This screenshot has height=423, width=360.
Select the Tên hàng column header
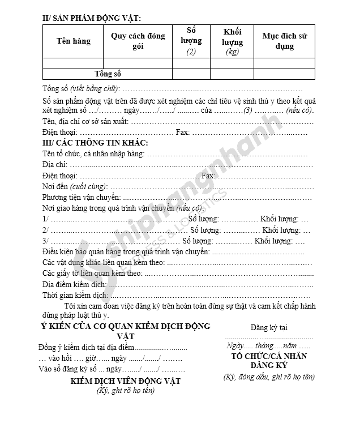coord(73,41)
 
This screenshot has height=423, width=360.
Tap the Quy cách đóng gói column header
coord(138,41)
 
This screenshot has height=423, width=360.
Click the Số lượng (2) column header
coord(191,41)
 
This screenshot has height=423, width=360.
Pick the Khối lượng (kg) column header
coord(232,41)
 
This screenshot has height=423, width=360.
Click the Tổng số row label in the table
coord(108,74)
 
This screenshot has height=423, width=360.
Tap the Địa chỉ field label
coord(54,164)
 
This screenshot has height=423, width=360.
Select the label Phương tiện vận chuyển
coord(82,197)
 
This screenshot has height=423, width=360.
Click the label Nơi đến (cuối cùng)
coord(75,186)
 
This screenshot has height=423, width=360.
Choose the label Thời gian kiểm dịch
coord(75,295)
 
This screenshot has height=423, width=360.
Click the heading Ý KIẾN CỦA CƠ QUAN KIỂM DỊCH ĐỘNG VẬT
coord(125,331)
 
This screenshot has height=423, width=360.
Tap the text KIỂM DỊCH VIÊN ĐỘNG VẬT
coord(125,381)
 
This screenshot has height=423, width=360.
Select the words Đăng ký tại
coord(268,327)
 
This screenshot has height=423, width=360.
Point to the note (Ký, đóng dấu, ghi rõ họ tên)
coord(269,377)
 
